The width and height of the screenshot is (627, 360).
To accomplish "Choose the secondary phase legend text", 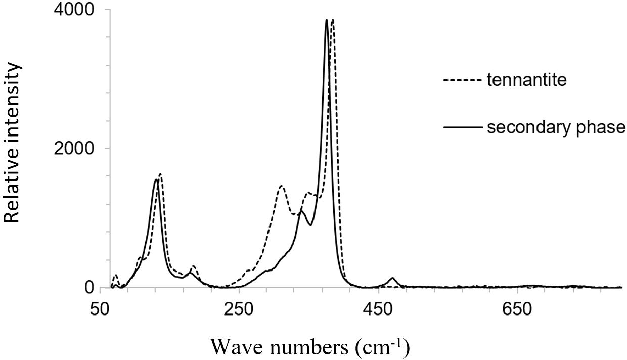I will [556, 127].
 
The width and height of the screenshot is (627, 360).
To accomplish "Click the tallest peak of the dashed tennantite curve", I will [332, 20].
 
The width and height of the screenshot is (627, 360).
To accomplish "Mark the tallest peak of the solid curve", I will [327, 20].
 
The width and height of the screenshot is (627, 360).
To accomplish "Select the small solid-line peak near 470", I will [392, 278].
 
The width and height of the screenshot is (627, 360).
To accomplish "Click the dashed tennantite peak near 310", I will [282, 186].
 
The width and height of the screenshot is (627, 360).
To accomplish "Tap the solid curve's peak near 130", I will [156, 179].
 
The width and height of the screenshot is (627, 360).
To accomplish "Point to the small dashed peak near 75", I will [116, 276].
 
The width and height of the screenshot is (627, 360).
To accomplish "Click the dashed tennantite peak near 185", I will [193, 266].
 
